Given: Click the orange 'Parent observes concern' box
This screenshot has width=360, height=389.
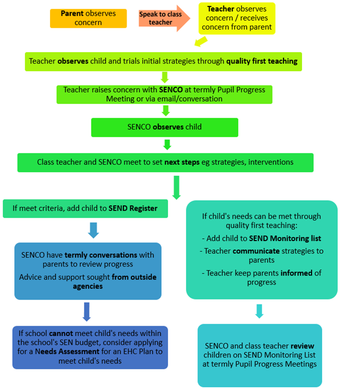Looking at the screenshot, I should pos(88,18).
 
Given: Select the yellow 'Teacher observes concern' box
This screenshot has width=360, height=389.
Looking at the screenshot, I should pos(237,19).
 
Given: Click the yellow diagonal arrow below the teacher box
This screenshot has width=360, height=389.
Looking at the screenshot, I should pos(201,42).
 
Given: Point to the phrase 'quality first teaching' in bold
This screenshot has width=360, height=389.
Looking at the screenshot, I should pos(262,61).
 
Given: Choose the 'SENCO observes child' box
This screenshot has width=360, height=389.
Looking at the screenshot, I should pos(164,128).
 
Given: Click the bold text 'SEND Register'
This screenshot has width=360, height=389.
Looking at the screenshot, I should pos(133,208).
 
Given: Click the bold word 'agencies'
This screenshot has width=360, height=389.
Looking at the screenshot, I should pos(88,286).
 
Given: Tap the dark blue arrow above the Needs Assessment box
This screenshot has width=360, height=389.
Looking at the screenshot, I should pos(87,311).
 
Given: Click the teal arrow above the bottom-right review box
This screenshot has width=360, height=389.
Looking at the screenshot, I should pos(259,311).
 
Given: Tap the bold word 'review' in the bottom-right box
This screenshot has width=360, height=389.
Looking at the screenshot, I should pos(302,346).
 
